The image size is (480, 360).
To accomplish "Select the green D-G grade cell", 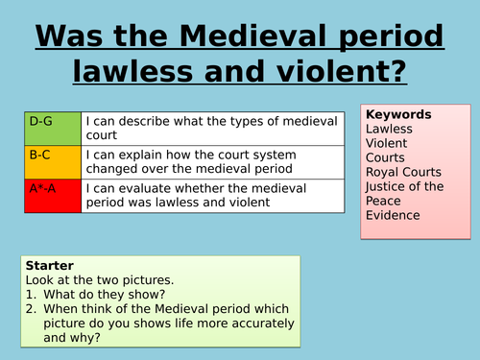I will [53, 130].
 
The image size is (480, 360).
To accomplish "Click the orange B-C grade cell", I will [53, 161].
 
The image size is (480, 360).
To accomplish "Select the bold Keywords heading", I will [398, 114].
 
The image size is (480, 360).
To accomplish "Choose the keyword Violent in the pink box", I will [386, 143].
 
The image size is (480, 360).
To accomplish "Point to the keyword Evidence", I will [394, 215].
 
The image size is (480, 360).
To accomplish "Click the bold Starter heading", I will [49, 264].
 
